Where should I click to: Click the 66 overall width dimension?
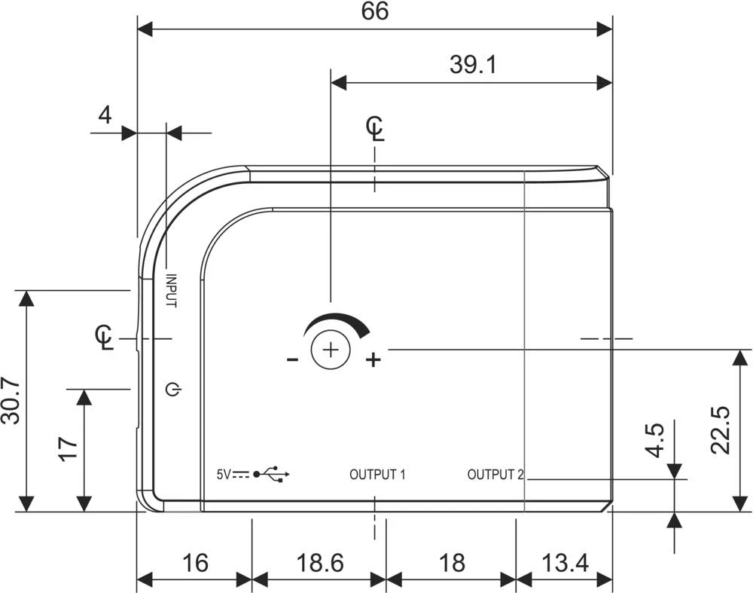pos(374,11)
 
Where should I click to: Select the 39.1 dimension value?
pos(473,64)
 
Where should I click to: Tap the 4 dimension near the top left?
pos(105,115)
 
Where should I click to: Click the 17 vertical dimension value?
pos(68,449)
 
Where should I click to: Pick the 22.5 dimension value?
pos(721,430)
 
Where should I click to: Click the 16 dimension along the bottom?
pos(196,563)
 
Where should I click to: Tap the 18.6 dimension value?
pos(320,563)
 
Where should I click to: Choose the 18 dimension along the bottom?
pos(452,563)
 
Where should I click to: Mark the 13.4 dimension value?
pos(566,563)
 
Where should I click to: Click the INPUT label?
pos(171,291)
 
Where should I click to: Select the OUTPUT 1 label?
pos(377,475)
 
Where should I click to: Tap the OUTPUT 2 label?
pos(495,475)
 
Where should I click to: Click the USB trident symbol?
pos(272,474)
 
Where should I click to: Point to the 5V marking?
pos(224,475)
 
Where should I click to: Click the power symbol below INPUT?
pos(173,390)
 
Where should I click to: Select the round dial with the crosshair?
pos(331,350)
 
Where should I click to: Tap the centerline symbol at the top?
pos(375,128)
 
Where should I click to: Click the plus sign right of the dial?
pos(373,359)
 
